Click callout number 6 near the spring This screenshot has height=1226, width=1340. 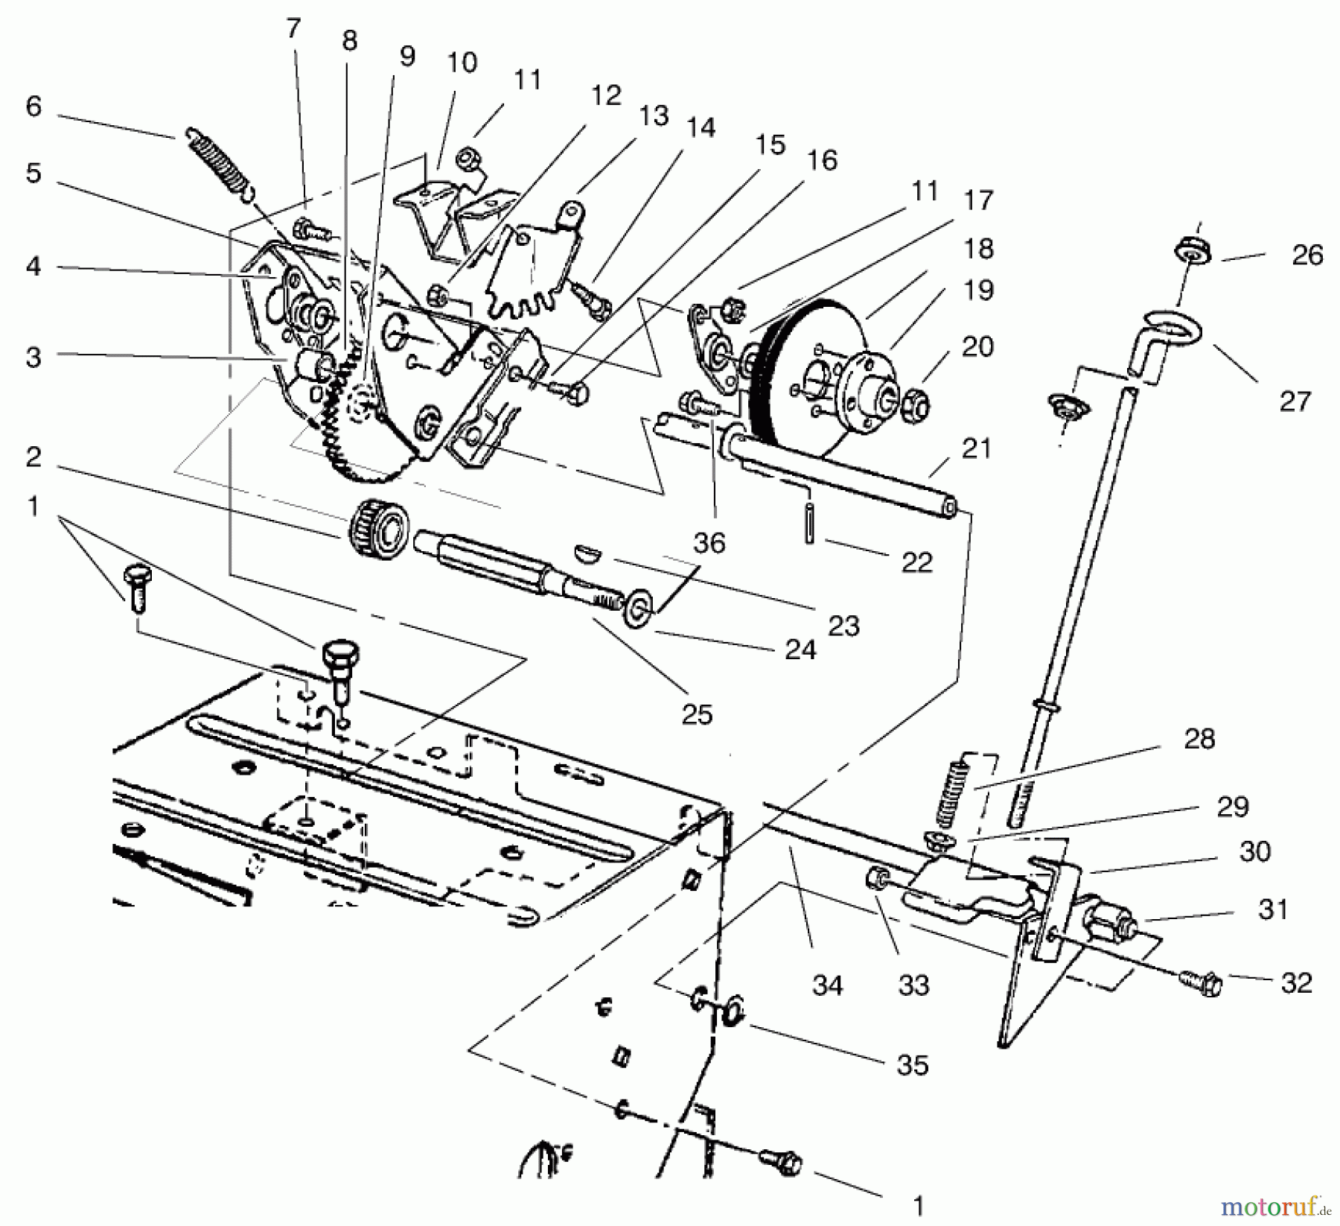click(x=33, y=107)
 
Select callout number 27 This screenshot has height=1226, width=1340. click(x=1294, y=401)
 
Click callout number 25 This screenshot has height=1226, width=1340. click(x=697, y=714)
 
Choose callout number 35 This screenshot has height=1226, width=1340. click(x=912, y=1065)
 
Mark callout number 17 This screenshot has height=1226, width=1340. click(x=978, y=200)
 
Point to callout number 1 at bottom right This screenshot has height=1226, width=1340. click(x=919, y=1204)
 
